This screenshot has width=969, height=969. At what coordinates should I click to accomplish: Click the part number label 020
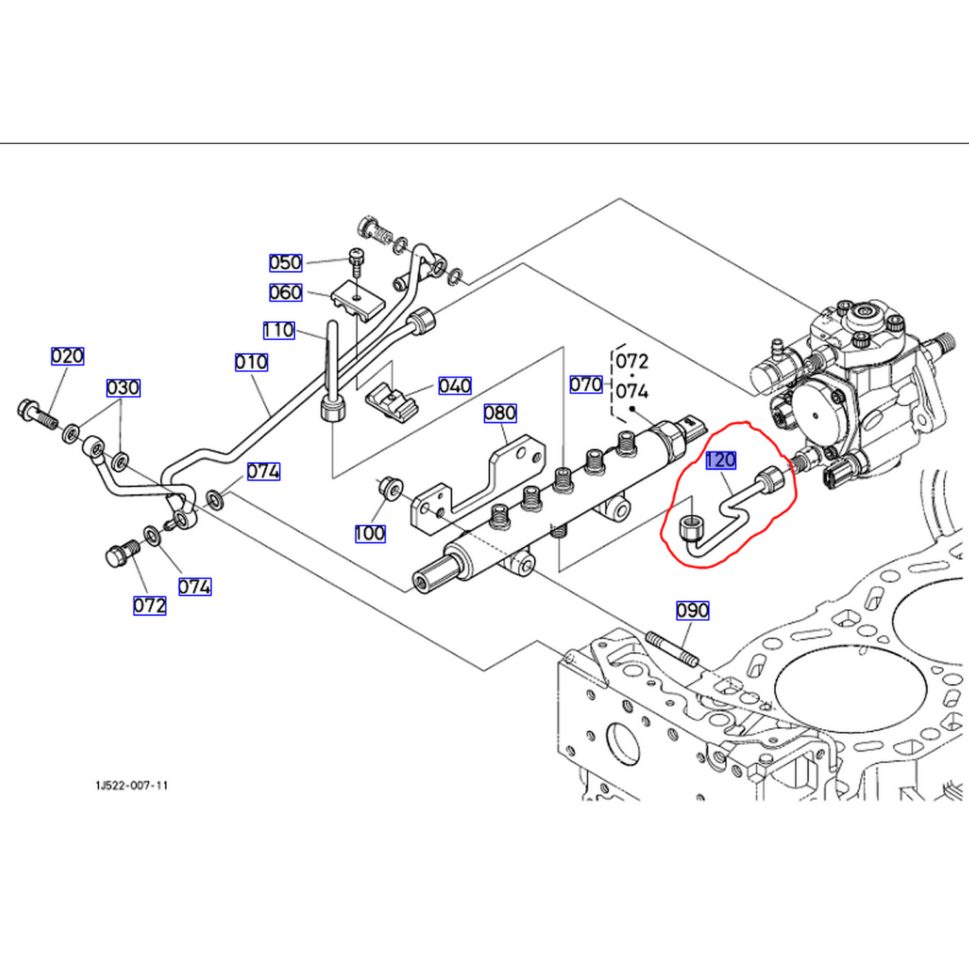click(x=67, y=356)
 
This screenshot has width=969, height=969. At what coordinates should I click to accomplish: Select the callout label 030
click(x=123, y=388)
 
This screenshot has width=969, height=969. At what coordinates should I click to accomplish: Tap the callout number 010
click(x=251, y=362)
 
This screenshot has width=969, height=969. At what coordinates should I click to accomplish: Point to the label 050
click(x=286, y=262)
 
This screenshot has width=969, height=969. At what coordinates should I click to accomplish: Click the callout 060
click(x=286, y=293)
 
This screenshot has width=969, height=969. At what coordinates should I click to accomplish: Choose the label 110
click(x=278, y=330)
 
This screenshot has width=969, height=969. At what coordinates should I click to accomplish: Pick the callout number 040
click(x=455, y=386)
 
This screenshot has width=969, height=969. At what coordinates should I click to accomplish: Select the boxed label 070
click(x=586, y=384)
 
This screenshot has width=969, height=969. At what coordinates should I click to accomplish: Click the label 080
click(x=500, y=413)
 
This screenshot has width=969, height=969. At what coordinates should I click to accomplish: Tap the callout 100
click(x=370, y=533)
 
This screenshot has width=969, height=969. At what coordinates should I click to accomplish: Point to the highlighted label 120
click(x=720, y=460)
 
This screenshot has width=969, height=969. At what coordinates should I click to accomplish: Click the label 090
click(x=693, y=610)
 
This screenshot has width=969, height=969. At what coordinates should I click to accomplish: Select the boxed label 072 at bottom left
click(x=150, y=605)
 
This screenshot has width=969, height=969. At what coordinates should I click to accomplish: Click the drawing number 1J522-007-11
click(x=132, y=786)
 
